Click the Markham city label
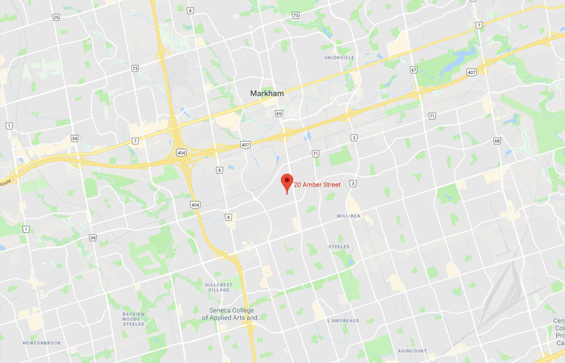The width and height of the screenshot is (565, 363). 267,93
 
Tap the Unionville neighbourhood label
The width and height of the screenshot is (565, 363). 339,58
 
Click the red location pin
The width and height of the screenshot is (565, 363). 287,182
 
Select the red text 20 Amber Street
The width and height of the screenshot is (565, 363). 317,185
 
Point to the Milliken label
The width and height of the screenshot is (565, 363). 349,216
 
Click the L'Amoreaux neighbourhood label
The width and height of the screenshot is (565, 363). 343,320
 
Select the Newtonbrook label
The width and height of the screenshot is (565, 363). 41,343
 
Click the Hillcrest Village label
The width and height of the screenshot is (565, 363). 218,287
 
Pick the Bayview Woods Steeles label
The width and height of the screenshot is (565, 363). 133,319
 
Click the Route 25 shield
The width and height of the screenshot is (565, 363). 56,17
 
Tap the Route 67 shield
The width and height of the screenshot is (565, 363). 413,70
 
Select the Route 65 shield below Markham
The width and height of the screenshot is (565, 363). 279,113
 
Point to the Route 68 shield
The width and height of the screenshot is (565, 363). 497,141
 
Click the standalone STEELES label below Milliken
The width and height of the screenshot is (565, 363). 338,246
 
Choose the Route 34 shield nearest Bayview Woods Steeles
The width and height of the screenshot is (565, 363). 92,237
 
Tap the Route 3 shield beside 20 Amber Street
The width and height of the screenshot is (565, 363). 353,184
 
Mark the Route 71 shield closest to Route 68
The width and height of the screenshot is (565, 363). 432,116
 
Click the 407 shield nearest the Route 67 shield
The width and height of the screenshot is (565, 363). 471,72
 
